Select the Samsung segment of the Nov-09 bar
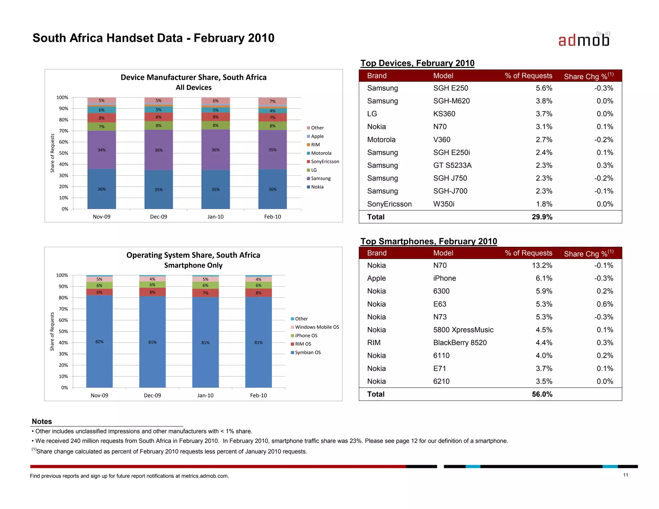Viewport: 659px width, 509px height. pyautogui.click(x=101, y=150)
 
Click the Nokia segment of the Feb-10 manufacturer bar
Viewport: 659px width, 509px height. pyautogui.click(x=272, y=189)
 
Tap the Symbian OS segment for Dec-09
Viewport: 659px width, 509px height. pyautogui.click(x=152, y=342)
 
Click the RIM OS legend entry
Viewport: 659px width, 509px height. pyautogui.click(x=303, y=344)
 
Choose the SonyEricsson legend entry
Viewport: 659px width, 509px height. pyautogui.click(x=325, y=162)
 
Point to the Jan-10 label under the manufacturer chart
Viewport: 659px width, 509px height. pyautogui.click(x=215, y=217)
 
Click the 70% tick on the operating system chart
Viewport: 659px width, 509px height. pyautogui.click(x=63, y=309)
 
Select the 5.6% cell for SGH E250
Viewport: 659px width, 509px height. pyautogui.click(x=544, y=88)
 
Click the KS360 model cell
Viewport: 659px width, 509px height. pyautogui.click(x=444, y=114)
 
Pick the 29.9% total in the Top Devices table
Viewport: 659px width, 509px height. pyautogui.click(x=542, y=217)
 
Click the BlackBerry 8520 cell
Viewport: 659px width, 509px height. pyautogui.click(x=460, y=343)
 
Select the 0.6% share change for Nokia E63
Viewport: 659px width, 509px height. pyautogui.click(x=605, y=304)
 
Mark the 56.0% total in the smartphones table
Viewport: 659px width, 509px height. pyautogui.click(x=542, y=394)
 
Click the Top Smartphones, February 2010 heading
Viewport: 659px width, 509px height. pyautogui.click(x=429, y=241)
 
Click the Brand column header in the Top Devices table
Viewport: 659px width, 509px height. pyautogui.click(x=377, y=76)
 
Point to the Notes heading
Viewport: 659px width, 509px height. pyautogui.click(x=42, y=421)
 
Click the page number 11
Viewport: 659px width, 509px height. pyautogui.click(x=626, y=475)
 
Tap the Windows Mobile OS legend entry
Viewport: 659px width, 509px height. pyautogui.click(x=317, y=327)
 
